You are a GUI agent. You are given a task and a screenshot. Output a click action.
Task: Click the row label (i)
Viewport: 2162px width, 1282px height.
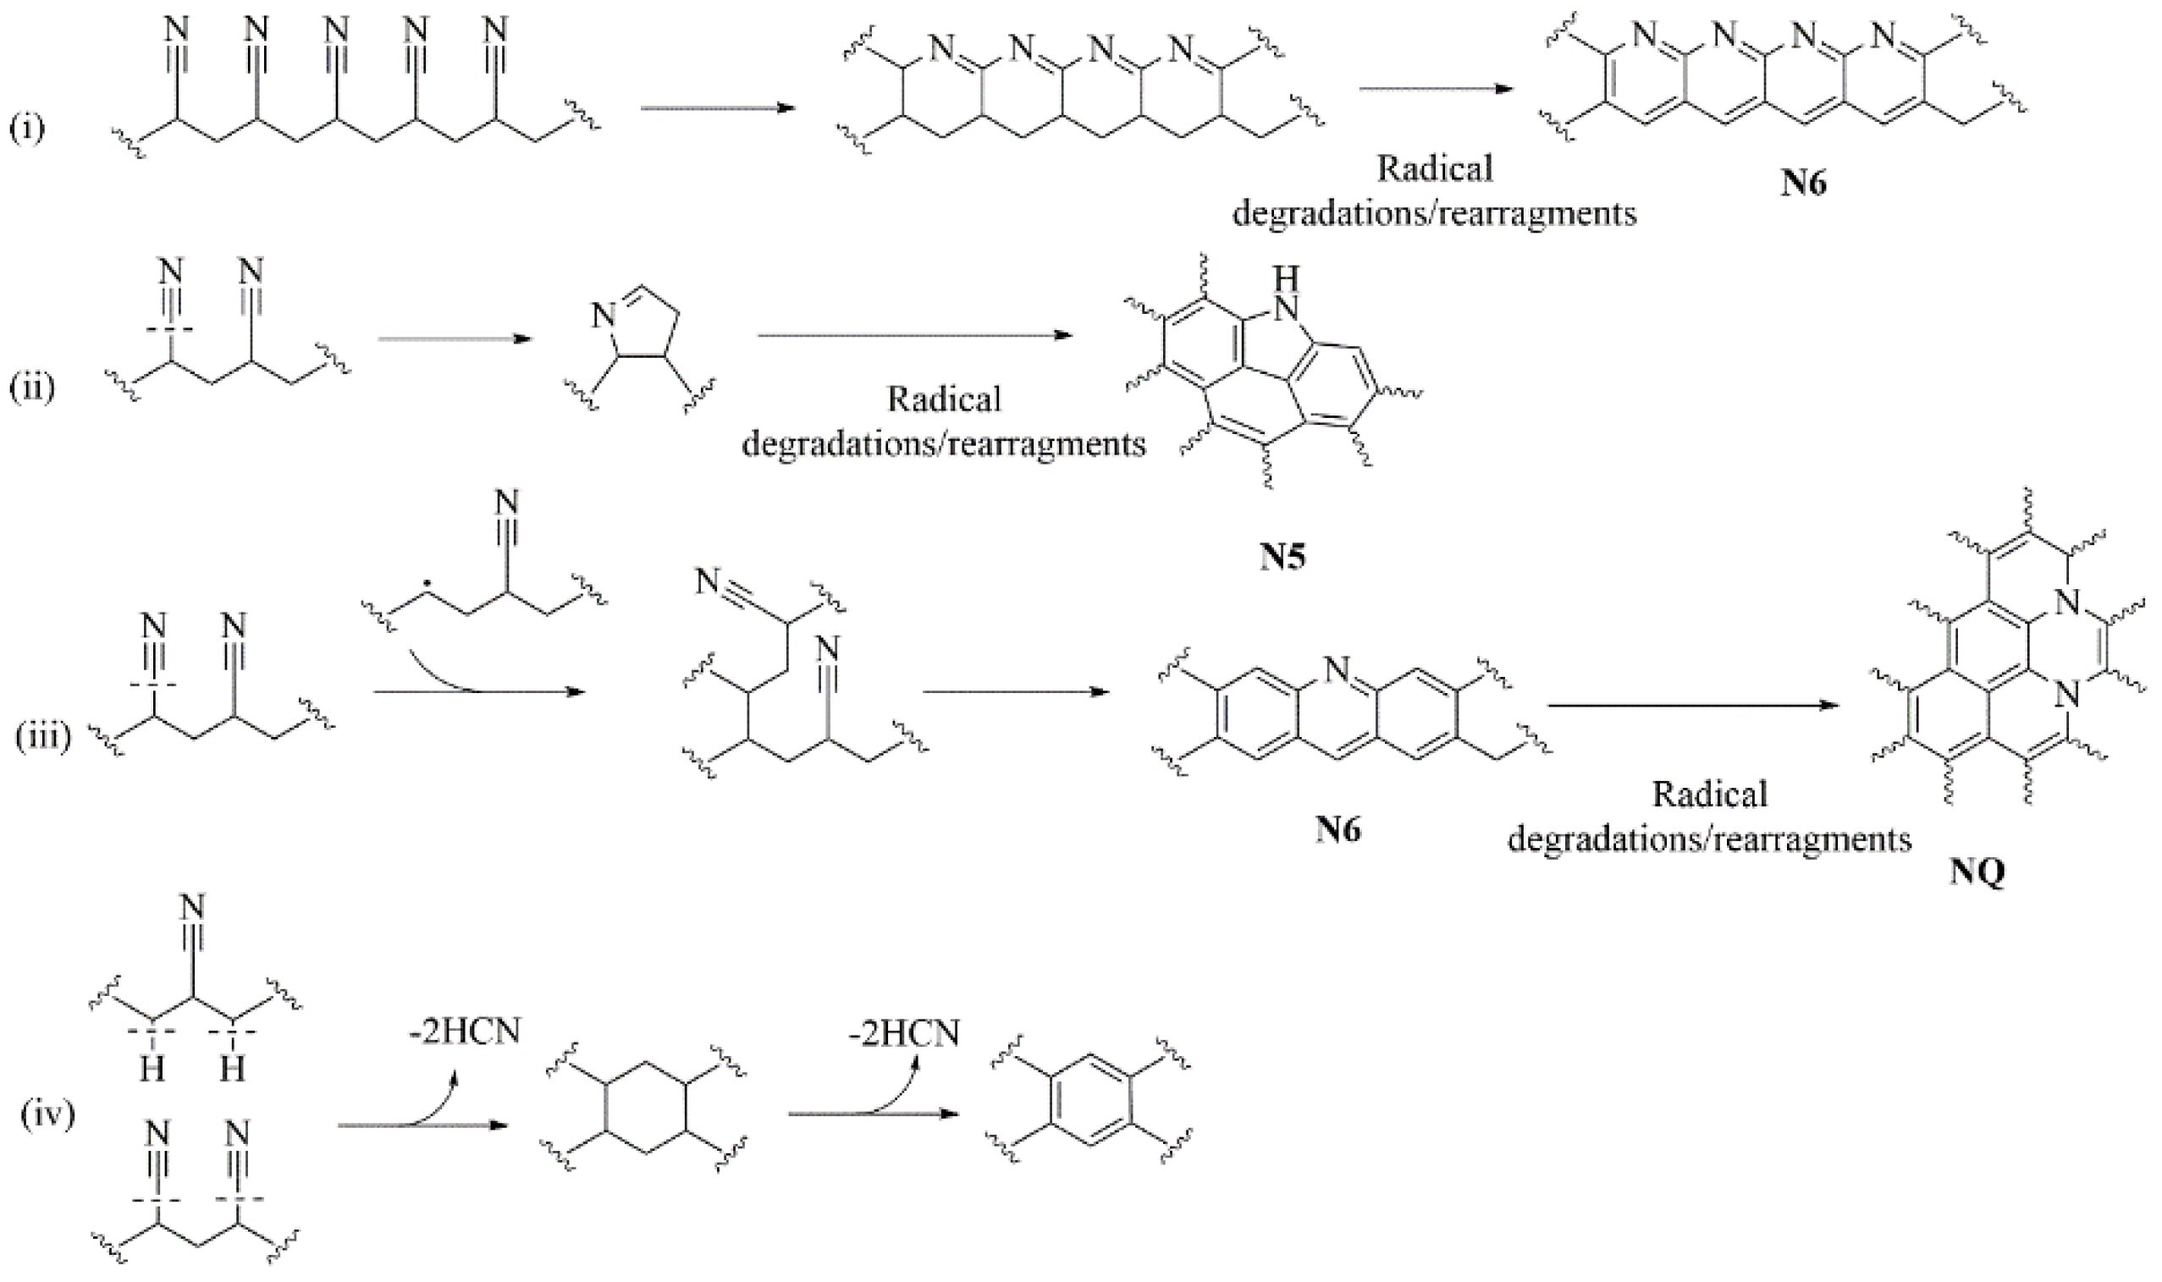[x=27, y=129]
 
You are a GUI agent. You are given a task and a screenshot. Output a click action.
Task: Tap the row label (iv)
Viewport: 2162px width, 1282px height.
[x=47, y=1114]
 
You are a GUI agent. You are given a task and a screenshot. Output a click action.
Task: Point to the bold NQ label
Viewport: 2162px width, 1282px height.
[x=1977, y=872]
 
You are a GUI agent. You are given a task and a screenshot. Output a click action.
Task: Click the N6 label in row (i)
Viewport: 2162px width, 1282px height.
[x=1803, y=184]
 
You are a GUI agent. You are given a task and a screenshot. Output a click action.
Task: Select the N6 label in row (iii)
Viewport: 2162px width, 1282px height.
[x=1337, y=829]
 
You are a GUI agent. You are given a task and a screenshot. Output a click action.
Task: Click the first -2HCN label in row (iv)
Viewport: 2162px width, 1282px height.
[x=465, y=1032]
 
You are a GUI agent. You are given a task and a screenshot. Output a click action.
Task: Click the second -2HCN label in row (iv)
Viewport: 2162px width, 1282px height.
[x=904, y=1033]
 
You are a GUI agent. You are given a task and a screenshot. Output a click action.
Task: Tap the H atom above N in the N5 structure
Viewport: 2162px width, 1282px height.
[x=1286, y=278]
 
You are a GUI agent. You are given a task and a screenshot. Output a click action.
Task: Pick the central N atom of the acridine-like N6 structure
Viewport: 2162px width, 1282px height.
[x=1337, y=668]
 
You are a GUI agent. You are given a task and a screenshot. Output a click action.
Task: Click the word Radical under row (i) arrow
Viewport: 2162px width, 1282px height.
[x=1435, y=168]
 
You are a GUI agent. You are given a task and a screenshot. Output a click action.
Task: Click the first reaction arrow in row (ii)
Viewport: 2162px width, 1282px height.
[x=455, y=338]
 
